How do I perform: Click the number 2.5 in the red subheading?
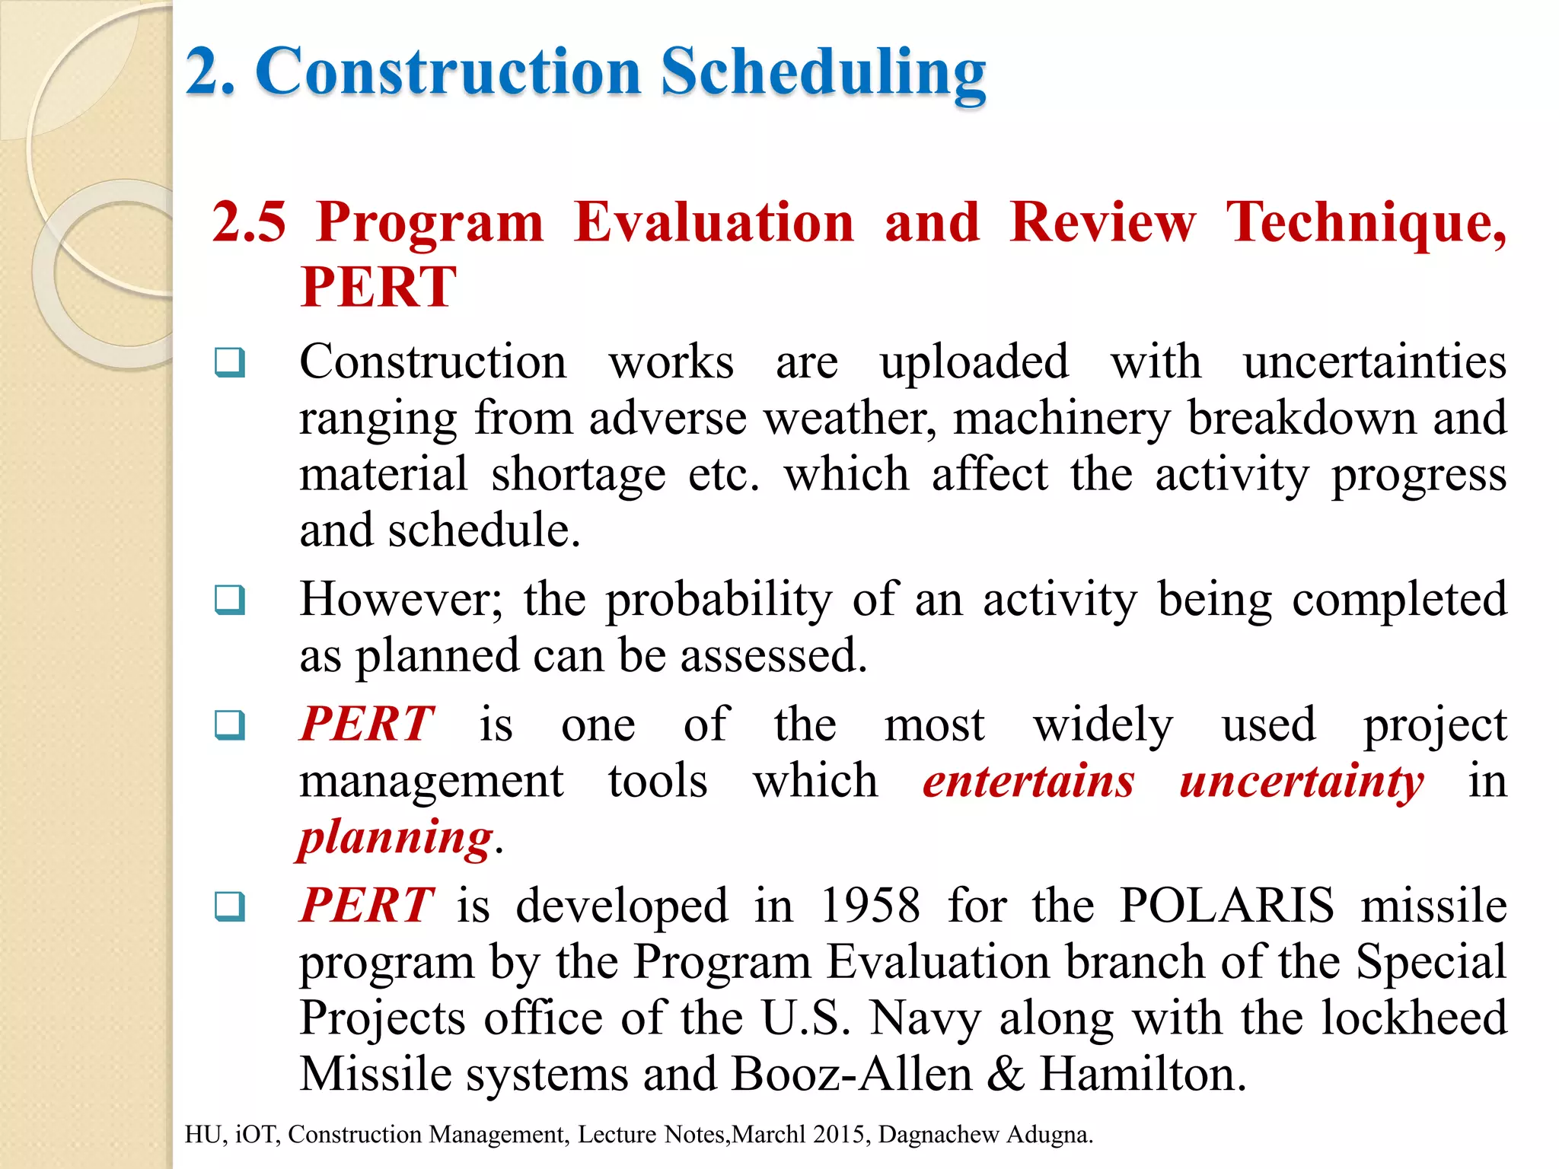pos(250,222)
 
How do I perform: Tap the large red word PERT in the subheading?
pos(378,287)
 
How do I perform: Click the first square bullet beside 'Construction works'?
pos(230,362)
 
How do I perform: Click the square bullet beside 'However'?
pos(230,600)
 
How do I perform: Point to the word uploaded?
pos(974,362)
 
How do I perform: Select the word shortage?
pos(578,474)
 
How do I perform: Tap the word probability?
pos(719,600)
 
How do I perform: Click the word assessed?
pos(773,656)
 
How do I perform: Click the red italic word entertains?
pos(1028,782)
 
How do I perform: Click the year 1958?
pos(870,906)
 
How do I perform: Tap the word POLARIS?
pos(1226,906)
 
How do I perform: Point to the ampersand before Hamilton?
pos(1006,1075)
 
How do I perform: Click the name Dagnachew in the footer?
pos(939,1135)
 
